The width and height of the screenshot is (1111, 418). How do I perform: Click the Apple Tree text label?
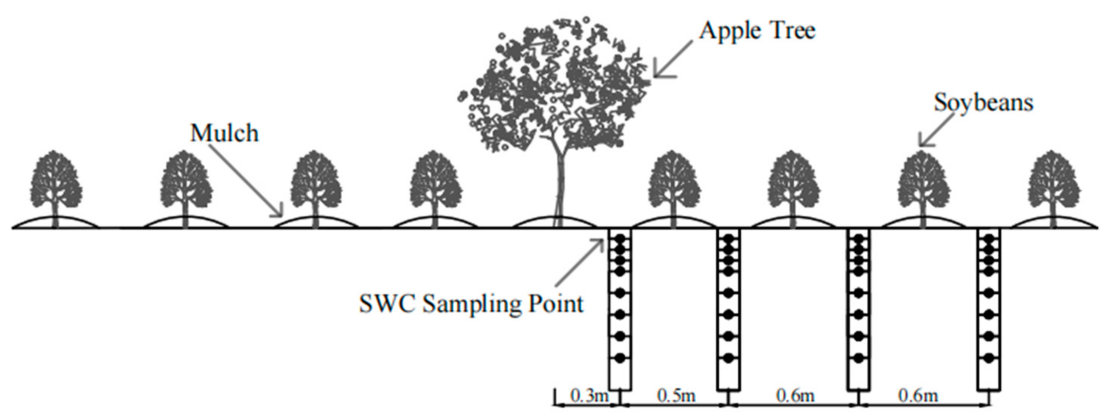[x=757, y=31]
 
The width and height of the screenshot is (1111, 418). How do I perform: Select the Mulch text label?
[x=224, y=133]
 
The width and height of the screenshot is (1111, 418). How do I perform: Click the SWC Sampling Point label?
[x=471, y=304]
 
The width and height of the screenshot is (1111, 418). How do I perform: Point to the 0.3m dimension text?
[x=589, y=396]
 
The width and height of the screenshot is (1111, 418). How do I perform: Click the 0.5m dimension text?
[x=676, y=396]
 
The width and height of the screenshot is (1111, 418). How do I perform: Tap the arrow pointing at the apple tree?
[x=673, y=58]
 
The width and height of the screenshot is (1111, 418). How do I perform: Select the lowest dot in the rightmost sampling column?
[x=988, y=357]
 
